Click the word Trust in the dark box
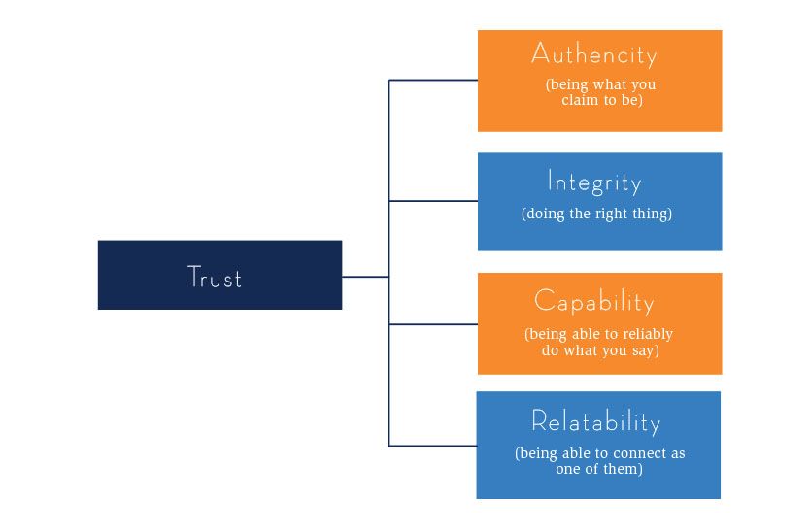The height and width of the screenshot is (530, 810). pos(215,278)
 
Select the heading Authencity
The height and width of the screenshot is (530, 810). pos(594,54)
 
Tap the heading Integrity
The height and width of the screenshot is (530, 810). pos(594,182)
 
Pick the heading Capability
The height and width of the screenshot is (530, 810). pos(594,302)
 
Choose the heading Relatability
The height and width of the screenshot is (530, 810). pos(595,422)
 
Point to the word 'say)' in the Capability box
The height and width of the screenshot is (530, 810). pos(643,350)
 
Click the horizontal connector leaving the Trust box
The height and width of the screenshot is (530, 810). pos(365,277)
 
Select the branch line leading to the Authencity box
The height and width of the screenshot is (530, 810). pos(433,80)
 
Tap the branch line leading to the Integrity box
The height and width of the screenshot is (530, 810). pos(433,201)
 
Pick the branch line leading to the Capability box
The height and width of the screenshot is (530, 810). pos(433,323)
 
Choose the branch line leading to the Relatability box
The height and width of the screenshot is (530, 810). pos(433,446)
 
